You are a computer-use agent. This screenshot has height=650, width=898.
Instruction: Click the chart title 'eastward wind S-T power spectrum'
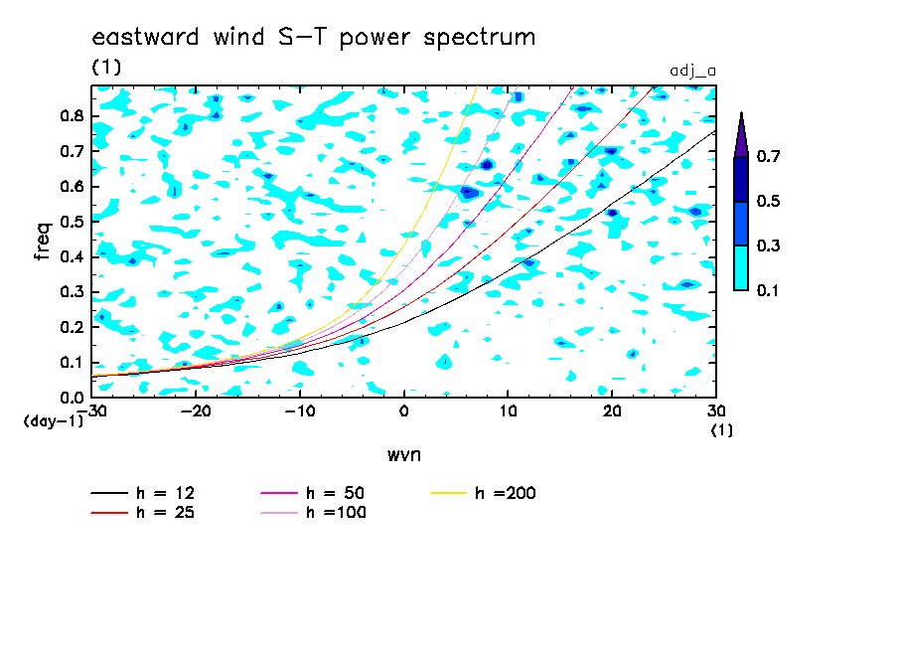coord(314,38)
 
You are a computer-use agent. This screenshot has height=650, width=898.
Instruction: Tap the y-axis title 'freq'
coord(42,242)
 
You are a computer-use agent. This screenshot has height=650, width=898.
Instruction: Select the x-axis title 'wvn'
coord(404,455)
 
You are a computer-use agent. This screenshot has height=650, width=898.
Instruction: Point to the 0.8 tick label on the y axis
coord(73,115)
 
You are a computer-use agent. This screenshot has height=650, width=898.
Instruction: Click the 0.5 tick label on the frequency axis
coord(73,222)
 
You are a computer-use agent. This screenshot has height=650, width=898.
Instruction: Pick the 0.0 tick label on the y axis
coord(73,398)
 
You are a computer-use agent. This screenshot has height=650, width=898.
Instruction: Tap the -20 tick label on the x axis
coord(196,411)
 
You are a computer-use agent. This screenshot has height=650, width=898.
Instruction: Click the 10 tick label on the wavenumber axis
coord(508,411)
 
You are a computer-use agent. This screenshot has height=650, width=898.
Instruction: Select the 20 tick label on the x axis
coord(612,411)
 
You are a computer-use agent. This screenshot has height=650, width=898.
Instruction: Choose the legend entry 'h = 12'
coord(143,493)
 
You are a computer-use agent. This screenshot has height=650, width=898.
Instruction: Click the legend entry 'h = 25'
coord(143,512)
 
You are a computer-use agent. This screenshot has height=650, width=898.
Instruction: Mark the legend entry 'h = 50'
coord(313,493)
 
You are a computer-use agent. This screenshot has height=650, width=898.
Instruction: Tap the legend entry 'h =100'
coord(313,512)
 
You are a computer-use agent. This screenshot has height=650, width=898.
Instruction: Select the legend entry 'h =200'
coord(484,493)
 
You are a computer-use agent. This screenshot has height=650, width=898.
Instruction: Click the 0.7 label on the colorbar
coord(768,156)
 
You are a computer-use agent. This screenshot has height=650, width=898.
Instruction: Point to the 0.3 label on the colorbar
coord(768,245)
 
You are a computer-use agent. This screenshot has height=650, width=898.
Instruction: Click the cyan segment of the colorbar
coord(741,267)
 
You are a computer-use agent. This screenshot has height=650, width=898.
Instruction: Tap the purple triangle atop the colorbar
coord(741,135)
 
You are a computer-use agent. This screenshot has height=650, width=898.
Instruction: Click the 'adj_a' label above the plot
coord(693,72)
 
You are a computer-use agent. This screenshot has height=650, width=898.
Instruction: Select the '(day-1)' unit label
coord(54,421)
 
